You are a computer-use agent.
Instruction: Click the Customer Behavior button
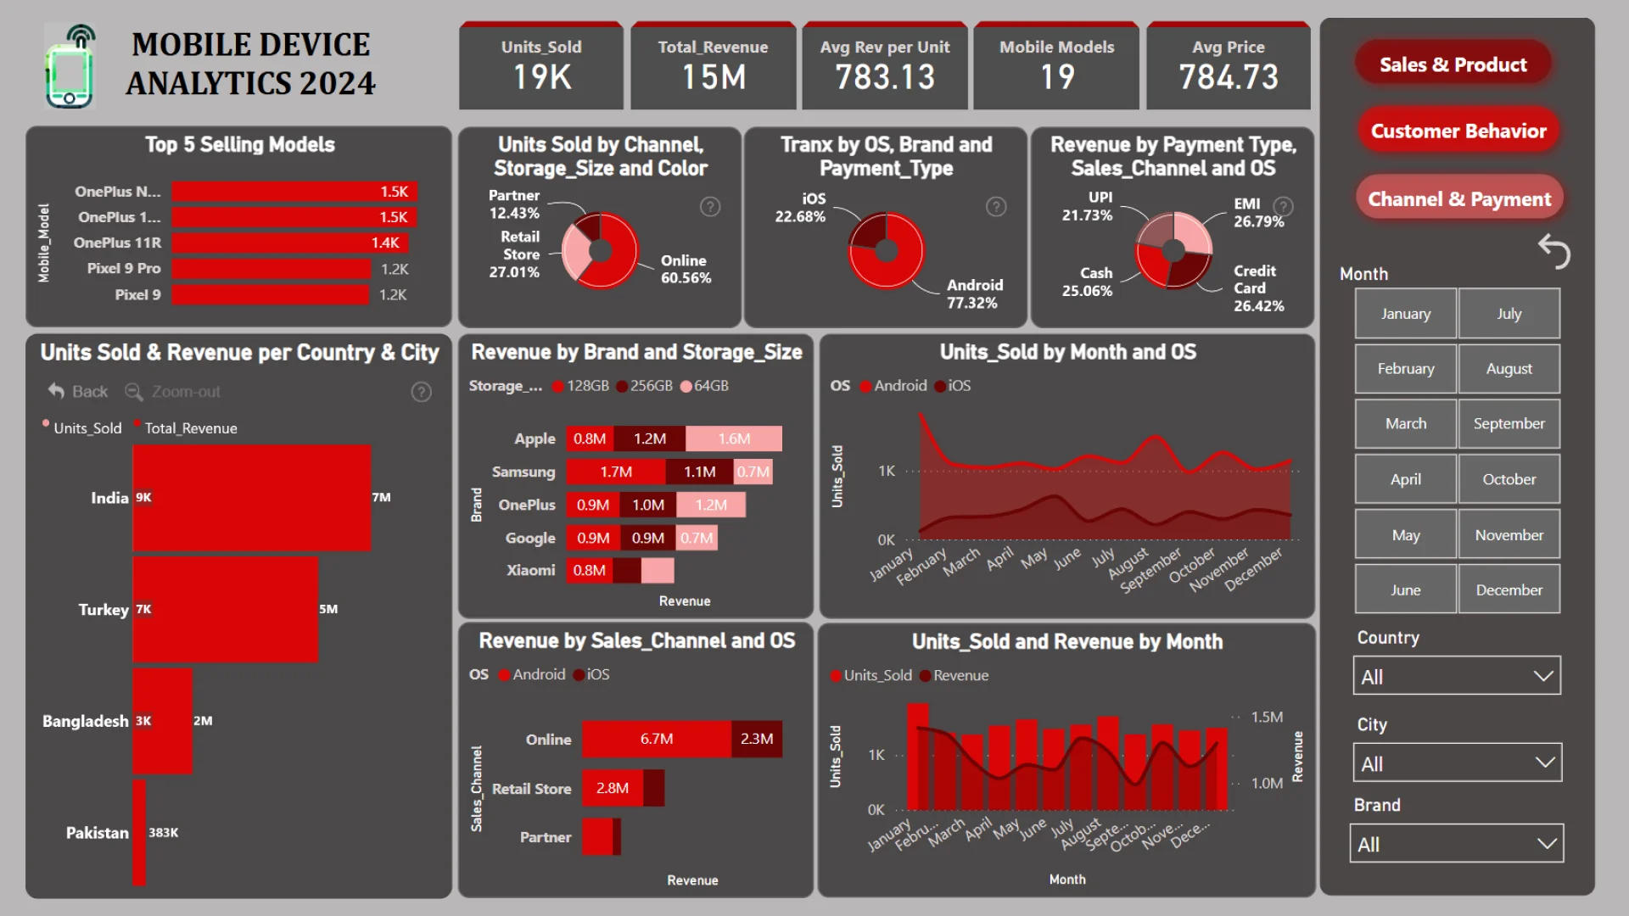click(1458, 131)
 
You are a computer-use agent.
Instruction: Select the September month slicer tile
click(1509, 423)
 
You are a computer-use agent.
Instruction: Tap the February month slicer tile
click(1405, 368)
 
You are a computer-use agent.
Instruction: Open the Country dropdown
click(1456, 676)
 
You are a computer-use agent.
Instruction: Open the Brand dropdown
click(1456, 844)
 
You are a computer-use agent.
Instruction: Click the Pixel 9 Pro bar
click(271, 269)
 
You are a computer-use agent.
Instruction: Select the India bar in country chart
click(251, 498)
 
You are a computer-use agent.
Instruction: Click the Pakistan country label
click(98, 833)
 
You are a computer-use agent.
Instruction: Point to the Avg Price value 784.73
click(1228, 78)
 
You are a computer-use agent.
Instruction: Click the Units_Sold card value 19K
click(541, 78)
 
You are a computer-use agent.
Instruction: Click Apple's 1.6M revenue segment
click(733, 438)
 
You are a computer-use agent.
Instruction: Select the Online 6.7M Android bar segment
click(656, 739)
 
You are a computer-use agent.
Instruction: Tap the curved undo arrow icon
click(1553, 251)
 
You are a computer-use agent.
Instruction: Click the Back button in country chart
click(78, 391)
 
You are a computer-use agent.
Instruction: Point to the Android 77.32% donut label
click(974, 294)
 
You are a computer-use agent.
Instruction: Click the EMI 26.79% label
click(1257, 213)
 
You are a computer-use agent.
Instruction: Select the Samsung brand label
click(523, 472)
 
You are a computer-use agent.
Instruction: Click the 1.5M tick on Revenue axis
click(1266, 717)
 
